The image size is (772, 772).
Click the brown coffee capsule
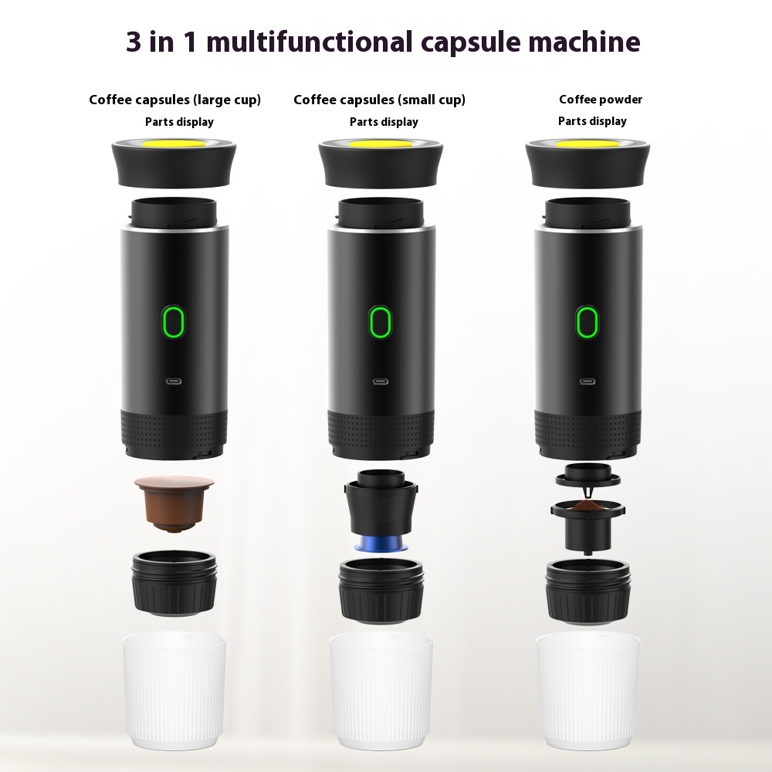pyautogui.click(x=174, y=502)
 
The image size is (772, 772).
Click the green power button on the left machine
pyautogui.click(x=174, y=322)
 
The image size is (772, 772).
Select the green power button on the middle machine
pyautogui.click(x=379, y=322)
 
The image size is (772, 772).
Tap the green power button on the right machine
pyautogui.click(x=587, y=322)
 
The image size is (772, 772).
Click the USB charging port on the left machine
pyautogui.click(x=174, y=381)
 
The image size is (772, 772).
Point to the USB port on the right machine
pyautogui.click(x=587, y=381)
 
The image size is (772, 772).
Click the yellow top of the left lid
pyautogui.click(x=174, y=144)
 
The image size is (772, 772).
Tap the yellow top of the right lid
pyautogui.click(x=587, y=144)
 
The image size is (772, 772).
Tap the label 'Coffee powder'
pyautogui.click(x=601, y=99)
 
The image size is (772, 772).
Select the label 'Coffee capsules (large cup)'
pyautogui.click(x=174, y=100)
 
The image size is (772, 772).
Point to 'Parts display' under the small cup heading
pyautogui.click(x=384, y=121)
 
